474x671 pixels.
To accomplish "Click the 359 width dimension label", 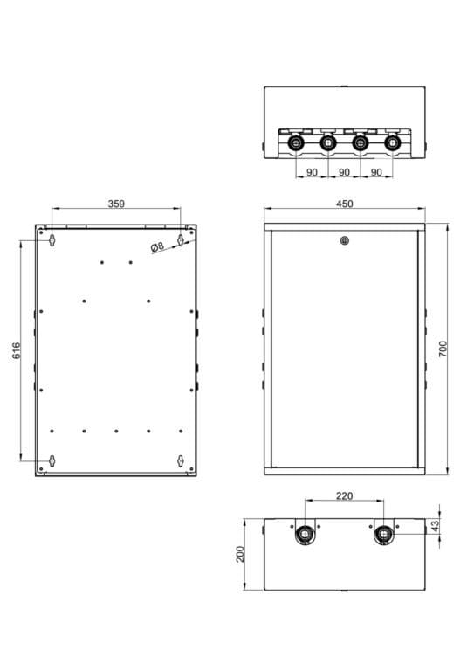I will pos(115,204).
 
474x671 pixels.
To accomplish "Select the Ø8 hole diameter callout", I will pos(158,247).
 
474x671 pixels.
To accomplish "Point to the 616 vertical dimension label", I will pos(16,350).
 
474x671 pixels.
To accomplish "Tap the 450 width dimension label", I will pos(344,204).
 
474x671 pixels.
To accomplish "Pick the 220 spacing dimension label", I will pos(344,496).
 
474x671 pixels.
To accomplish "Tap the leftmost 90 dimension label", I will pos(312,172).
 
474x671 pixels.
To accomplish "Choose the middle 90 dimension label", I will pos(344,172).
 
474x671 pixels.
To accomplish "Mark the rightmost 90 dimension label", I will pos(376,172).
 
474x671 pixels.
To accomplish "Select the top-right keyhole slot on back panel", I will pos(181,239).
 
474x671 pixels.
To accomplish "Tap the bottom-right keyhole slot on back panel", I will pos(181,460).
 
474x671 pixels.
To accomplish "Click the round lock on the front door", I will pos(344,241).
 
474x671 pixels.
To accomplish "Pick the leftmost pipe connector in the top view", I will pos(295,142).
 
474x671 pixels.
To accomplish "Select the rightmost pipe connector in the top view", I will pos(392,142).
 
